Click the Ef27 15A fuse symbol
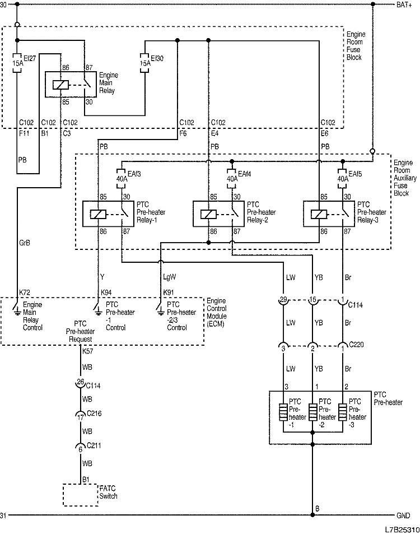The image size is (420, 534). (x=18, y=59)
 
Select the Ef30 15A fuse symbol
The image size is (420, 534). (x=146, y=59)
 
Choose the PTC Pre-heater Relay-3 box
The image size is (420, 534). (x=330, y=213)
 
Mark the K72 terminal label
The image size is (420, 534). (x=24, y=292)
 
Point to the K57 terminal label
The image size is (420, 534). (x=88, y=351)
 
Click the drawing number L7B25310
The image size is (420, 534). (x=402, y=529)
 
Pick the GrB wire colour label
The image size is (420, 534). (x=25, y=242)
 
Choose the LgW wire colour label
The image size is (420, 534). (x=169, y=277)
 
